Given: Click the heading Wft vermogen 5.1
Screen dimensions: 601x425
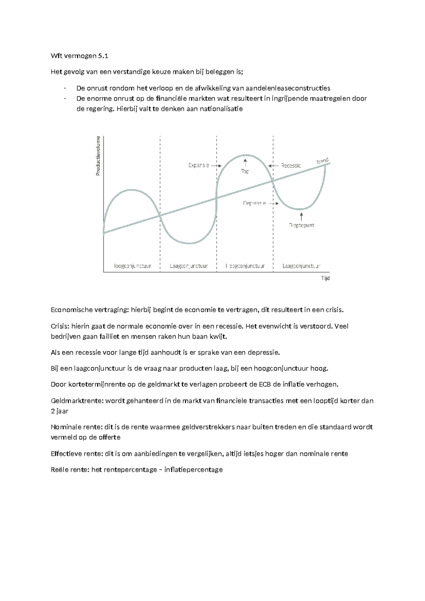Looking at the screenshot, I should pyautogui.click(x=79, y=56).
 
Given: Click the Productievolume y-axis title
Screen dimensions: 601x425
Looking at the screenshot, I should pyautogui.click(x=98, y=156).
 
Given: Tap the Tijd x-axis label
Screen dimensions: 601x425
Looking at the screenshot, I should pyautogui.click(x=325, y=278).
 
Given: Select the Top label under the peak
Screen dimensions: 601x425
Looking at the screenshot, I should pyautogui.click(x=245, y=172).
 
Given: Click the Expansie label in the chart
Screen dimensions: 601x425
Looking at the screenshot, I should pyautogui.click(x=198, y=165).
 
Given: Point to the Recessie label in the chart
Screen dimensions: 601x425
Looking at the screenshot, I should pyautogui.click(x=291, y=165).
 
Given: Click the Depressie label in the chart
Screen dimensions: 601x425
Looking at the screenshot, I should pyautogui.click(x=254, y=203).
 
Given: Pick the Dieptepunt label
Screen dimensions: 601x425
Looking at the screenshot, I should pyautogui.click(x=301, y=225).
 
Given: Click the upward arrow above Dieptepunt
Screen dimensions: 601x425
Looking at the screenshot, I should pyautogui.click(x=301, y=216).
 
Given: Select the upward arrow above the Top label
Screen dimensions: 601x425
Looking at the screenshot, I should pyautogui.click(x=245, y=163).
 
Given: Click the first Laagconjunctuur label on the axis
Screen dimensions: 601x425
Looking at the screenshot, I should pyautogui.click(x=188, y=266).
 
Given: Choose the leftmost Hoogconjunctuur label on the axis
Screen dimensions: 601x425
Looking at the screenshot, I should pyautogui.click(x=132, y=266).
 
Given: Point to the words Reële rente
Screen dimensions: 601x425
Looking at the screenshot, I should pyautogui.click(x=70, y=470).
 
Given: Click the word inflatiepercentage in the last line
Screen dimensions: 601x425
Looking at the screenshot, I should pyautogui.click(x=193, y=470).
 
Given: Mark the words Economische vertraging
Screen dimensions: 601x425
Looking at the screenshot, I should pyautogui.click(x=90, y=310).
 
